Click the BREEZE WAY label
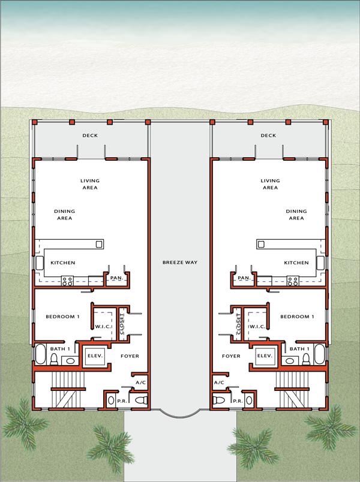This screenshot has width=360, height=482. pyautogui.click(x=180, y=263)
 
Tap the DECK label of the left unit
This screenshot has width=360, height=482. pyautogui.click(x=90, y=135)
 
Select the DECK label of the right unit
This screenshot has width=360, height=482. pyautogui.click(x=268, y=135)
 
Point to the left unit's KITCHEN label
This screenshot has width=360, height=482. pyautogui.click(x=62, y=263)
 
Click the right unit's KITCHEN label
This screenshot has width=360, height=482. pyautogui.click(x=296, y=263)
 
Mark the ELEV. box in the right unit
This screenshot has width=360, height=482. pyautogui.click(x=265, y=356)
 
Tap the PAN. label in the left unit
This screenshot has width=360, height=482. pyautogui.click(x=116, y=278)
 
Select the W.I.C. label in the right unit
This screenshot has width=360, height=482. pyautogui.click(x=257, y=327)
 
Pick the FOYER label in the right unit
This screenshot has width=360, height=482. pyautogui.click(x=231, y=356)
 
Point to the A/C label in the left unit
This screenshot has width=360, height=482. pyautogui.click(x=142, y=382)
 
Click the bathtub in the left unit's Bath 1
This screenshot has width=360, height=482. pyautogui.click(x=40, y=356)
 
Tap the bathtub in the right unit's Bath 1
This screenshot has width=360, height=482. pyautogui.click(x=319, y=356)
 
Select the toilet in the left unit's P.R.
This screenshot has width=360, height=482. pyautogui.click(x=141, y=400)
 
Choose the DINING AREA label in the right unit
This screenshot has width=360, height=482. pyautogui.click(x=296, y=215)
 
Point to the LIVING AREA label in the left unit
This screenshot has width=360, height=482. pyautogui.click(x=90, y=184)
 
